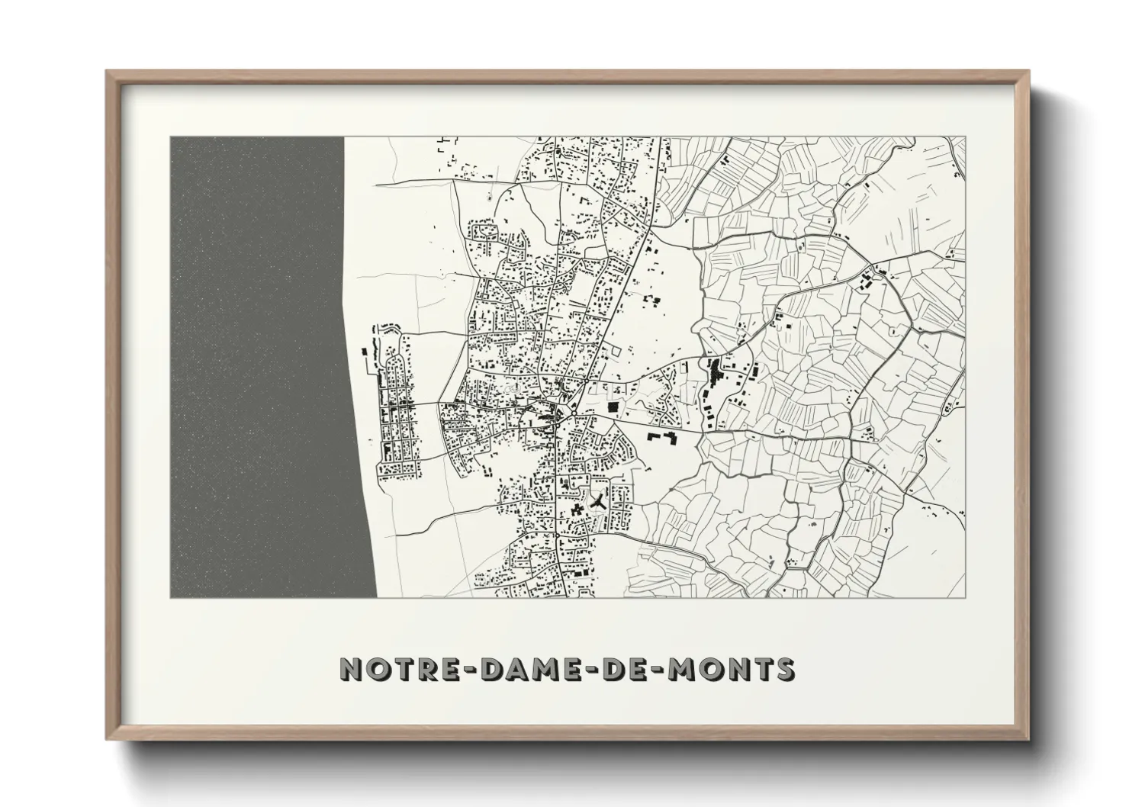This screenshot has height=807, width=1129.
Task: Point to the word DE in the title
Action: coord(626,670)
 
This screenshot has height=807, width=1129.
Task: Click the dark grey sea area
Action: coord(259,366)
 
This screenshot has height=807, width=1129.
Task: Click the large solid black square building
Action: coord(613,409)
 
